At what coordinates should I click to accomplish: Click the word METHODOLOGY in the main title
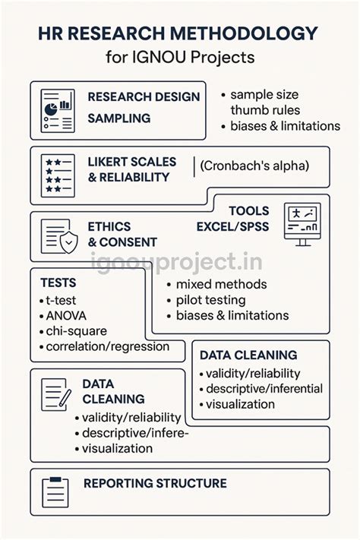click(x=244, y=33)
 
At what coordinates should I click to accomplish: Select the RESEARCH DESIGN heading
click(x=144, y=96)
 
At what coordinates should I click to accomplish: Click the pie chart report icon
click(x=58, y=111)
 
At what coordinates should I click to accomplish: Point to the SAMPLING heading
click(x=118, y=118)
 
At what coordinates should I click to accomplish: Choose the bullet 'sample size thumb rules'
click(x=261, y=103)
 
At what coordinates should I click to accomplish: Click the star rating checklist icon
click(x=58, y=175)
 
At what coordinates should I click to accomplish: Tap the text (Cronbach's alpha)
click(x=254, y=166)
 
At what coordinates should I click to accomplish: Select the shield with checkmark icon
click(x=69, y=242)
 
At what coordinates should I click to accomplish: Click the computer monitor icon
click(x=302, y=224)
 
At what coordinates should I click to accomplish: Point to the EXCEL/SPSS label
click(x=232, y=226)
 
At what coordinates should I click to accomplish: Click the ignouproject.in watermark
click(x=176, y=262)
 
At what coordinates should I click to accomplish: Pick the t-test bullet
click(x=58, y=300)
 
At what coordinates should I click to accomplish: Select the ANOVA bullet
click(x=63, y=316)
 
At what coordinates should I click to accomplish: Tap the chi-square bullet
click(x=74, y=331)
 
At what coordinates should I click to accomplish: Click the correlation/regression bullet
click(x=105, y=346)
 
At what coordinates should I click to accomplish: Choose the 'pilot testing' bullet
click(x=207, y=300)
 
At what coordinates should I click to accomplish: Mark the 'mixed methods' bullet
click(x=217, y=285)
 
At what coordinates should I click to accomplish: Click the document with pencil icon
click(x=56, y=394)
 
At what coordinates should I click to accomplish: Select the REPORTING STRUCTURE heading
click(x=155, y=483)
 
